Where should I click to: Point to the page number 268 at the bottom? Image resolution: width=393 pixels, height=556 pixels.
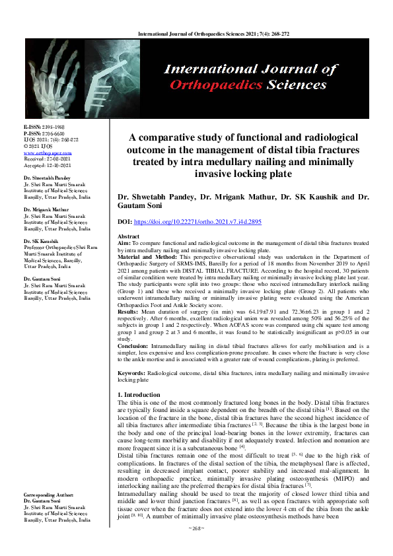tap(196, 547)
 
